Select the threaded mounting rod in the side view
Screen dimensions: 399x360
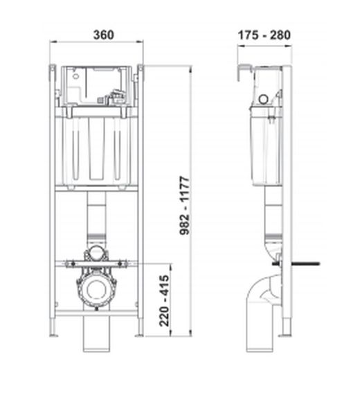(305, 263)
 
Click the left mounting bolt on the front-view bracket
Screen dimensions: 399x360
(69, 263)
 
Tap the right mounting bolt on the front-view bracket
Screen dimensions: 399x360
(123, 263)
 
